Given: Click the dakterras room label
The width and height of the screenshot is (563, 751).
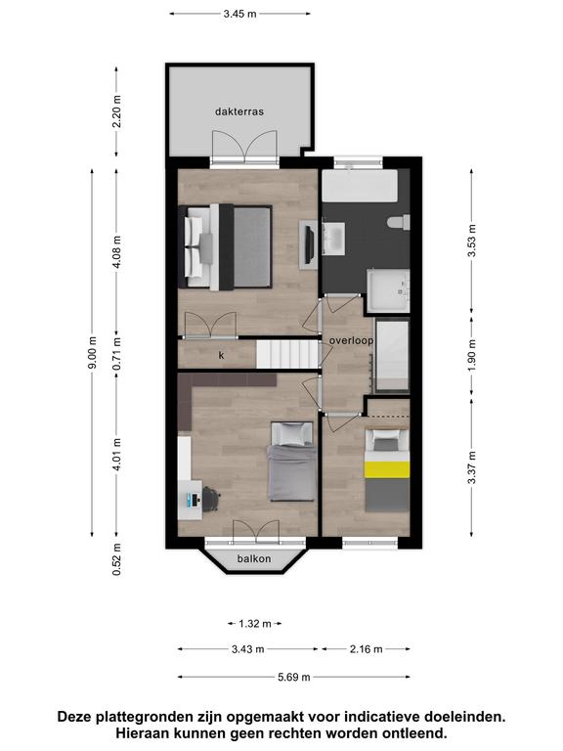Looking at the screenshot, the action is coord(239,111).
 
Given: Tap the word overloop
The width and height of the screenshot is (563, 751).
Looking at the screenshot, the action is coord(351,340).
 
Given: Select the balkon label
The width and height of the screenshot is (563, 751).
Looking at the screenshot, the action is coord(254,558).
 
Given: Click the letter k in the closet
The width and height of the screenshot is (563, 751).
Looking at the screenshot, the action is coord(221,355).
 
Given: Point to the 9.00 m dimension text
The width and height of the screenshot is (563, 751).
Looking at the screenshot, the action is coord(93,352).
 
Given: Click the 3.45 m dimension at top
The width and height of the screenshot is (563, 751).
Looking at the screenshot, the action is coord(239,14).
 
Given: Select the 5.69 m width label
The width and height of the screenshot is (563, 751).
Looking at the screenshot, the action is coord(294,677).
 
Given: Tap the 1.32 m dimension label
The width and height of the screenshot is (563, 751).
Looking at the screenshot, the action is coord(255,624).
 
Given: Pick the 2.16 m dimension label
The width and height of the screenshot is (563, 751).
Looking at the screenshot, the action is coord(367,649).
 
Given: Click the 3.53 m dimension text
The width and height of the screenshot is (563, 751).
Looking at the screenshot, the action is coord(472,241).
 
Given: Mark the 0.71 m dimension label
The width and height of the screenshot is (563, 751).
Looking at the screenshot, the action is coord(117,353).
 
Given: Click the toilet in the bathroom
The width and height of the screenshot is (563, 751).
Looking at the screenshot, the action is coord(399,222).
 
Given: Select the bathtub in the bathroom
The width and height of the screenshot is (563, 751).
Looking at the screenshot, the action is coord(360,186).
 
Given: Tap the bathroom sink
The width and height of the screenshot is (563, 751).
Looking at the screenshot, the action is coord(334,238).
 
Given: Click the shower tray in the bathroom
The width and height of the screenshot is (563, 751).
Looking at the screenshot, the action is coord(388,290).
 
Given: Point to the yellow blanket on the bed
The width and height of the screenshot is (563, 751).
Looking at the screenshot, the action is coord(387,469).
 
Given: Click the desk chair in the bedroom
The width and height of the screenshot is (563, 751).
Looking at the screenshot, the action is coord(211,499).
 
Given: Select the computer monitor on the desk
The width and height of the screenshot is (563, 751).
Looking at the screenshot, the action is coord(194,501).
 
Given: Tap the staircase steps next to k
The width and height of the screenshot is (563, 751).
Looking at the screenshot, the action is coord(287,354).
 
